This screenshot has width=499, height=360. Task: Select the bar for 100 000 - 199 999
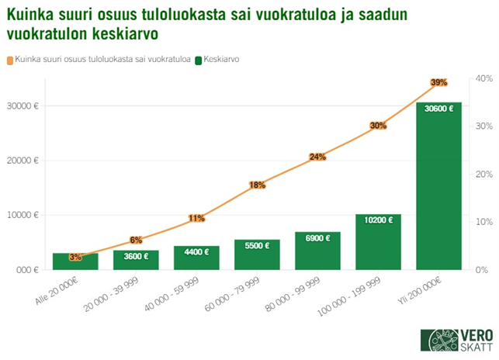click(378, 242)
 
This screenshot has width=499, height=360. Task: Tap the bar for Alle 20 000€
click(75, 262)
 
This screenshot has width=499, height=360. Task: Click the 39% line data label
click(438, 82)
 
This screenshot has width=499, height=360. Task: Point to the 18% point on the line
click(257, 185)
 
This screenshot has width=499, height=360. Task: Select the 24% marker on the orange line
click(317, 157)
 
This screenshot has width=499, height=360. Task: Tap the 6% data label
click(136, 240)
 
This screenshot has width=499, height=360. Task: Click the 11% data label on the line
click(196, 218)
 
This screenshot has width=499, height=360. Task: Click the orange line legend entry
click(97, 60)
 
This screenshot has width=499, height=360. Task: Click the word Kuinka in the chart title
click(33, 15)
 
